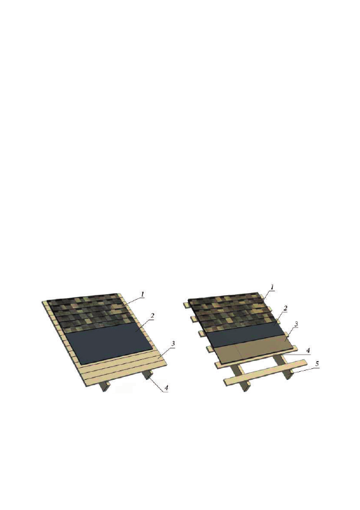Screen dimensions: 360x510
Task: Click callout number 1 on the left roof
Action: pyautogui.click(x=142, y=294)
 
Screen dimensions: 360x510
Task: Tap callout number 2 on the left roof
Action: pyautogui.click(x=152, y=315)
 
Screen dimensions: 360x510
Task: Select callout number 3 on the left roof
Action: pyautogui.click(x=173, y=343)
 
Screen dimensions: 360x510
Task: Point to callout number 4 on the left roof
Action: pyautogui.click(x=167, y=388)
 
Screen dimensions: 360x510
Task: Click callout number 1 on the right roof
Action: pyautogui.click(x=272, y=287)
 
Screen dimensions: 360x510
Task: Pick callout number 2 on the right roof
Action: pyautogui.click(x=286, y=308)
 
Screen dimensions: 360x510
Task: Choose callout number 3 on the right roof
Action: pyautogui.click(x=296, y=324)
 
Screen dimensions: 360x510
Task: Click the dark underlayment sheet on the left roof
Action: pyautogui.click(x=109, y=343)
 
